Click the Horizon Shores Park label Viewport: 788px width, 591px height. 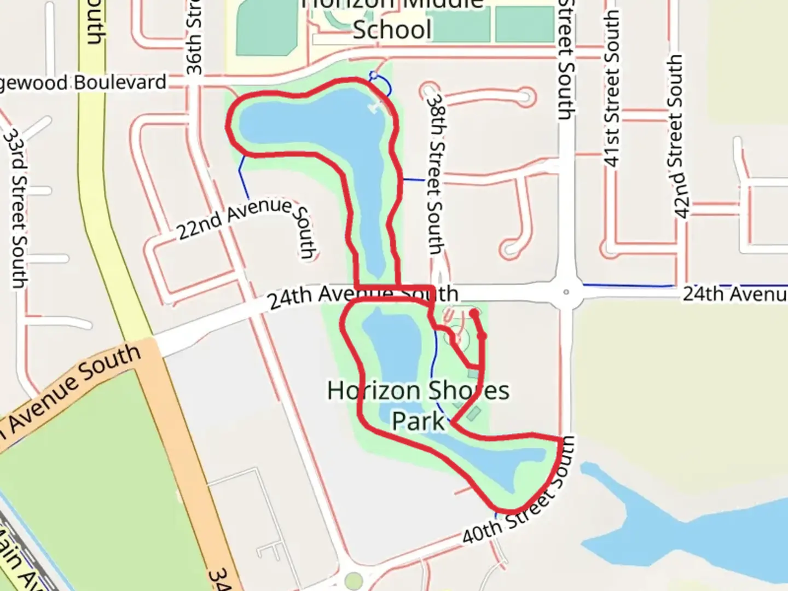[418, 405]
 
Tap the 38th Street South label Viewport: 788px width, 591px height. [435, 174]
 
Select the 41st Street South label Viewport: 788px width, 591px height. [612, 88]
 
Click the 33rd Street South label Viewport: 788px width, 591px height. [16, 208]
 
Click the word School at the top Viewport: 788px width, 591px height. [392, 30]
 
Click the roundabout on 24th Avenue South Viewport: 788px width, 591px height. [566, 292]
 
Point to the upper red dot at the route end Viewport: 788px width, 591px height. [474, 313]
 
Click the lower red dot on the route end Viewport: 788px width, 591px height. [482, 335]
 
